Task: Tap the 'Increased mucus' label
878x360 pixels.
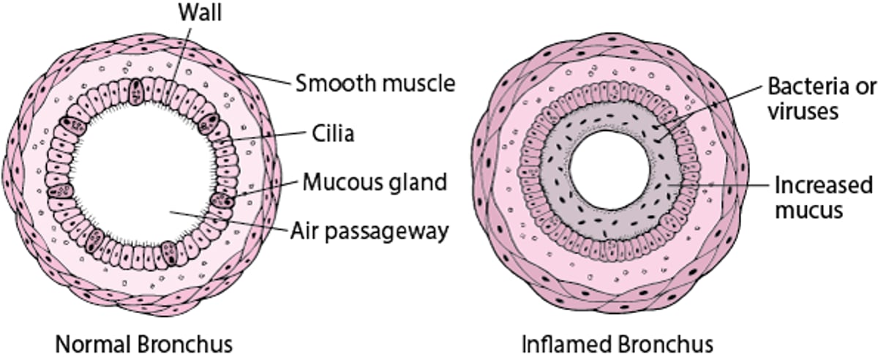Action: (823, 197)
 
